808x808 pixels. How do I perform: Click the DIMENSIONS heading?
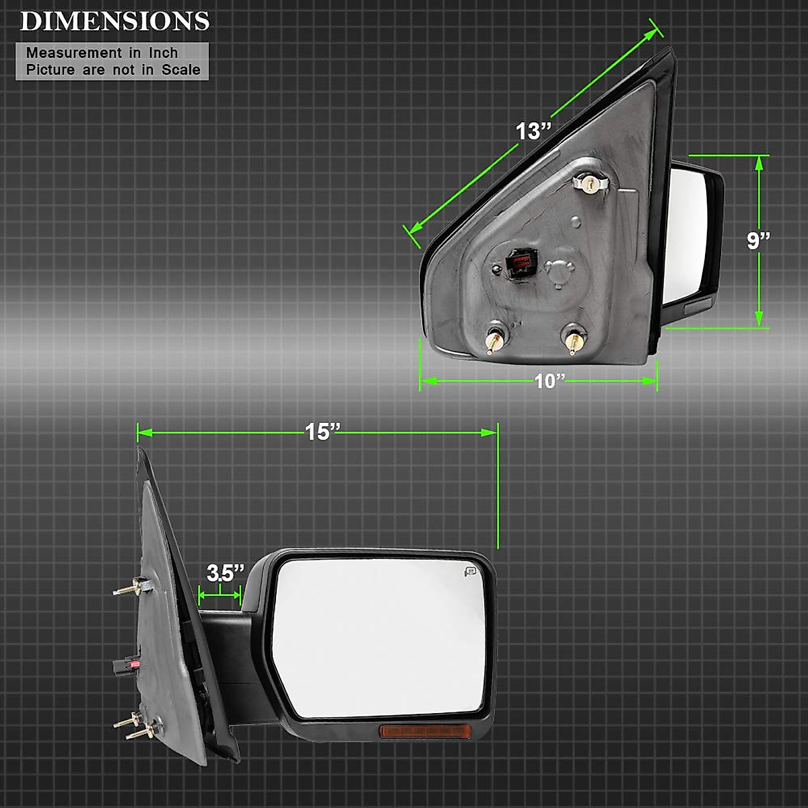114,21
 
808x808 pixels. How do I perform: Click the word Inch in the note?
164,53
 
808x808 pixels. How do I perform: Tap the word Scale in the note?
180,69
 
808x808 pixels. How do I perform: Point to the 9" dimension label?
758,241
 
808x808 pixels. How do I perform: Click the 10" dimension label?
549,381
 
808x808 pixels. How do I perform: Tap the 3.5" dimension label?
225,573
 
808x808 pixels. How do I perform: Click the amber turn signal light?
413,731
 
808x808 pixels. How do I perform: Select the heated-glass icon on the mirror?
469,572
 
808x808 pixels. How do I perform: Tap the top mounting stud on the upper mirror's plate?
590,182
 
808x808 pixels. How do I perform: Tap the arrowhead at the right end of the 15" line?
490,432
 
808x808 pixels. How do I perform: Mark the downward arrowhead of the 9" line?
760,319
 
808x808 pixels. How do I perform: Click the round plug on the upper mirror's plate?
559,271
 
